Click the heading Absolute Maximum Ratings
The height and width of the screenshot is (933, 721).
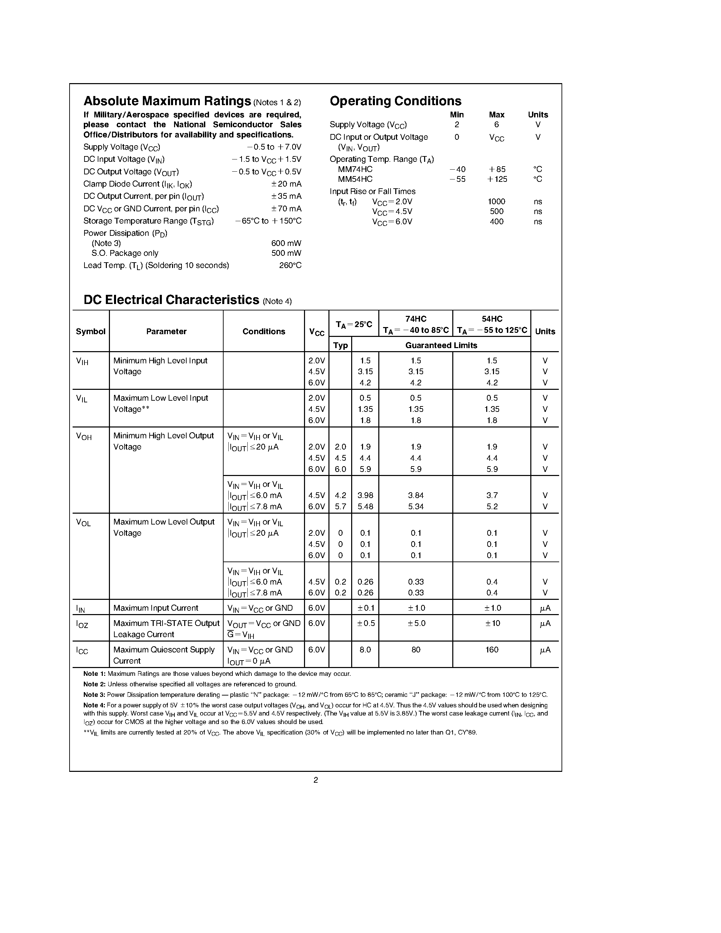(x=167, y=101)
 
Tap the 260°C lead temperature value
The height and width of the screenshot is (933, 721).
(x=290, y=265)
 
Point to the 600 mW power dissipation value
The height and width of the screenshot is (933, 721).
(x=286, y=243)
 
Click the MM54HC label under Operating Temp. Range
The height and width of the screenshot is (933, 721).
(x=355, y=179)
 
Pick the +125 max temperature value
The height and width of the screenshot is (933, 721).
(x=497, y=179)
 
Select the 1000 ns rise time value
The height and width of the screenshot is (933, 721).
(x=496, y=202)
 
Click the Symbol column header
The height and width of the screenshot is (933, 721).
(x=91, y=331)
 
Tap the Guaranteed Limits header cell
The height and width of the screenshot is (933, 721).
(x=441, y=345)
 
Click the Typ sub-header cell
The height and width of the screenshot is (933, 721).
(x=340, y=345)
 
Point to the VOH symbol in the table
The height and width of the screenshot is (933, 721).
(x=84, y=437)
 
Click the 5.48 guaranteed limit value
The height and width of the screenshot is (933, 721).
(x=365, y=507)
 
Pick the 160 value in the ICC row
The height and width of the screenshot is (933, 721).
(x=492, y=650)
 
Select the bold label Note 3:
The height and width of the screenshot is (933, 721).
(x=94, y=694)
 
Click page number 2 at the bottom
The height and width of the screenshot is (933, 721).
(x=316, y=780)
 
